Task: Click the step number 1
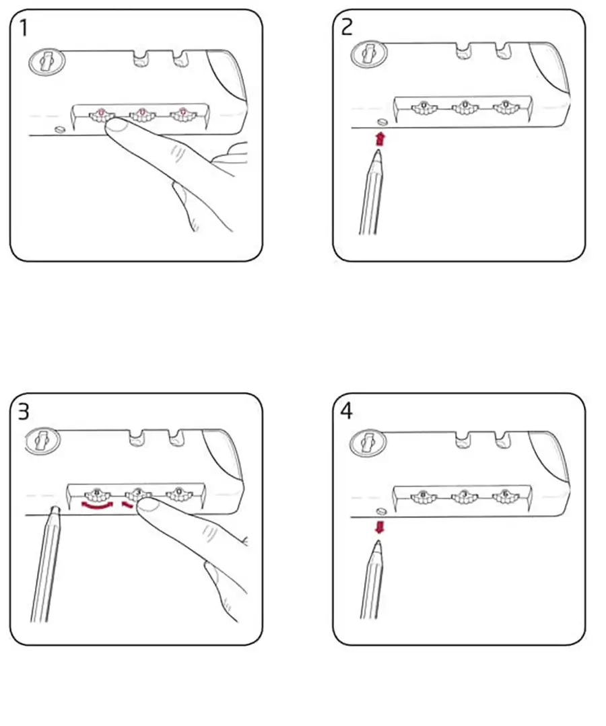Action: (x=24, y=29)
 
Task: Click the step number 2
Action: (x=347, y=28)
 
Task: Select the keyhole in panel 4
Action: (x=368, y=441)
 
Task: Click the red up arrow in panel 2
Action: (x=380, y=139)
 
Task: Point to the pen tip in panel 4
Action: (x=378, y=544)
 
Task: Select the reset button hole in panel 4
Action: (x=382, y=511)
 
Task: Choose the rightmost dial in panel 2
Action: (x=502, y=106)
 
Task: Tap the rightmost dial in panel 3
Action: (x=177, y=495)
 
